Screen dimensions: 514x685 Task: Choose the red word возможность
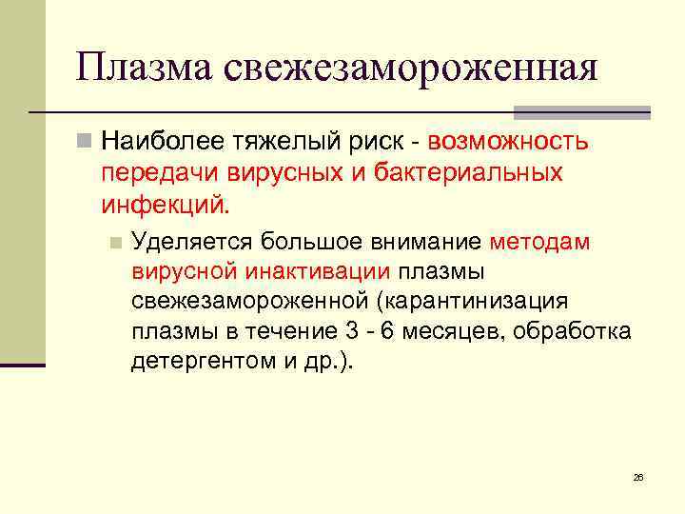click(509, 143)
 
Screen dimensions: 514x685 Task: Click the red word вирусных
click(284, 174)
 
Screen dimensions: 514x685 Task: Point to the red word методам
click(540, 242)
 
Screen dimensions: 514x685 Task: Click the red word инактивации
click(317, 271)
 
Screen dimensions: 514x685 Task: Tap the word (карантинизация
click(472, 302)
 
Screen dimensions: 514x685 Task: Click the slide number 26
click(637, 477)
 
